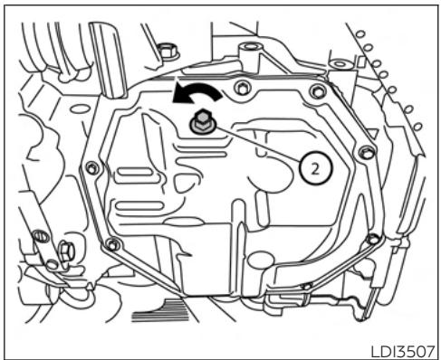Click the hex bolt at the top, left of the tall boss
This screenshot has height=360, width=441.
point(167,50)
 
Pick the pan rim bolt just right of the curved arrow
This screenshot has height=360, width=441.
point(241,87)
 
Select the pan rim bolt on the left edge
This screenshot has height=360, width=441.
point(91,167)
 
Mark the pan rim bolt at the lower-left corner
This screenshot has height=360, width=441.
point(111,244)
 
